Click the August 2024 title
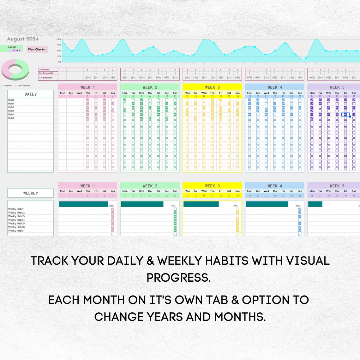(x=23, y=39)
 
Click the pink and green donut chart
(x=15, y=70)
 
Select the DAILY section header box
(x=31, y=94)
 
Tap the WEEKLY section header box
(x=31, y=193)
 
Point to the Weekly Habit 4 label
(x=16, y=220)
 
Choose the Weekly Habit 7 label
(x=16, y=231)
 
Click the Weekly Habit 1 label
(x=16, y=209)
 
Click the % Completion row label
(x=46, y=78)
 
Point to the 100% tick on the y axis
(x=59, y=39)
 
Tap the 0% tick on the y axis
(x=60, y=62)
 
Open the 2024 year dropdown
(x=16, y=51)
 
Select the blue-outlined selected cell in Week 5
(x=345, y=115)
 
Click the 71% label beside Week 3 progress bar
(x=236, y=206)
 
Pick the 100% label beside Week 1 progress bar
(x=111, y=206)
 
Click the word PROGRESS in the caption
(x=178, y=278)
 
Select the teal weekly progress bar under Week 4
(x=267, y=204)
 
